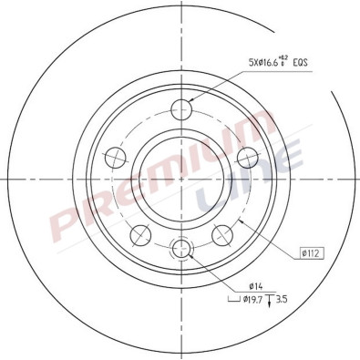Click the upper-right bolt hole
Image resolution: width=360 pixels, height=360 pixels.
[245, 156]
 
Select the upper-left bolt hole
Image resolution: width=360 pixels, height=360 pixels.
[117, 156]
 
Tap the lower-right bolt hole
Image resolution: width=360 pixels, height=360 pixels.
[221, 236]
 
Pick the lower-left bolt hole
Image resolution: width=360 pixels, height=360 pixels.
[140, 236]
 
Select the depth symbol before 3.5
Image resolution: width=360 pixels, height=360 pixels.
[273, 297]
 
